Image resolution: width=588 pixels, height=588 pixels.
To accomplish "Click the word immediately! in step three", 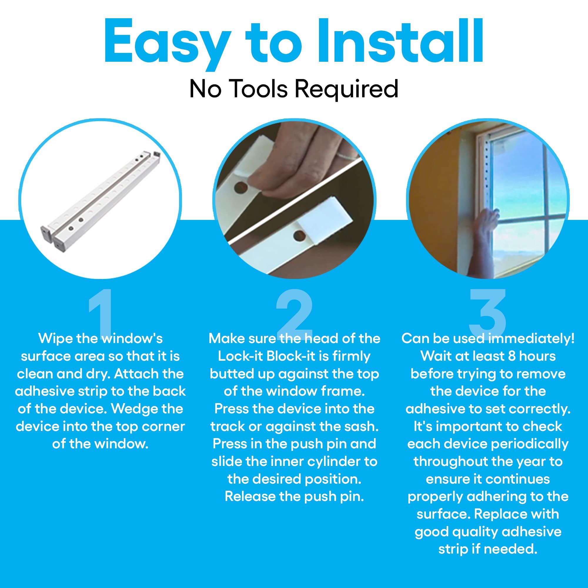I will click(x=531, y=338).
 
